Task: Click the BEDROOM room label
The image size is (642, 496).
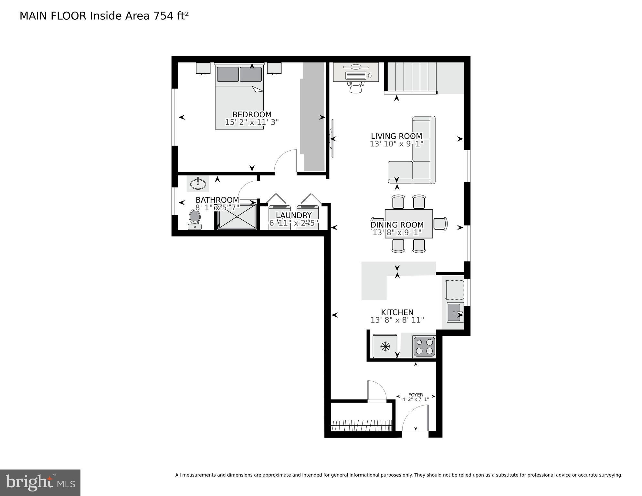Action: pos(252,114)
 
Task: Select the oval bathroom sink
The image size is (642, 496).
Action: pos(198,184)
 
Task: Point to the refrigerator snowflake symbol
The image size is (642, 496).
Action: pos(385,347)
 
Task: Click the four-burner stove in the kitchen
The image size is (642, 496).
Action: pos(424,347)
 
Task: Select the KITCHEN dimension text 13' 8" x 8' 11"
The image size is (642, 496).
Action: pos(397,320)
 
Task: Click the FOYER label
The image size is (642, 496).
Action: pos(416,395)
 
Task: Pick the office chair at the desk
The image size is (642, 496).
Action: pos(356,87)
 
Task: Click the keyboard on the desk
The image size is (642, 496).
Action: pos(356,76)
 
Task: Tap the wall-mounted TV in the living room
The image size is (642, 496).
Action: pos(332,139)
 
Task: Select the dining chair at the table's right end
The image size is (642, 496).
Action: pos(440,224)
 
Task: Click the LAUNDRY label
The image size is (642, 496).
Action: pos(293,215)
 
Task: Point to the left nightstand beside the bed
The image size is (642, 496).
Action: pos(203,69)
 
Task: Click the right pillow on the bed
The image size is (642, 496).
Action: pos(251,74)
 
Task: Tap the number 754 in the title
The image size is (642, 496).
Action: pos(163,16)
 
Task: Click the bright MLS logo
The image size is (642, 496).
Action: pos(40,482)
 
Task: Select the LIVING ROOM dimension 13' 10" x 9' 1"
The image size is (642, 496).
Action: pos(396,144)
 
